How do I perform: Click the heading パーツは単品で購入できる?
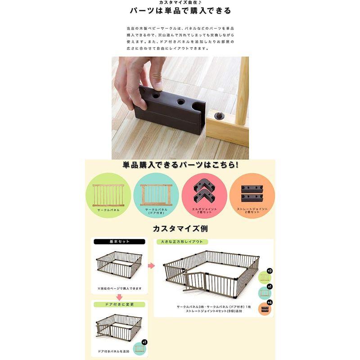pos(180,11)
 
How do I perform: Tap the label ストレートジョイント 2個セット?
pos(252,211)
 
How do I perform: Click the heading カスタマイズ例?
pos(180,229)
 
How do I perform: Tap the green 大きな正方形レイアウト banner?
pos(180,242)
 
